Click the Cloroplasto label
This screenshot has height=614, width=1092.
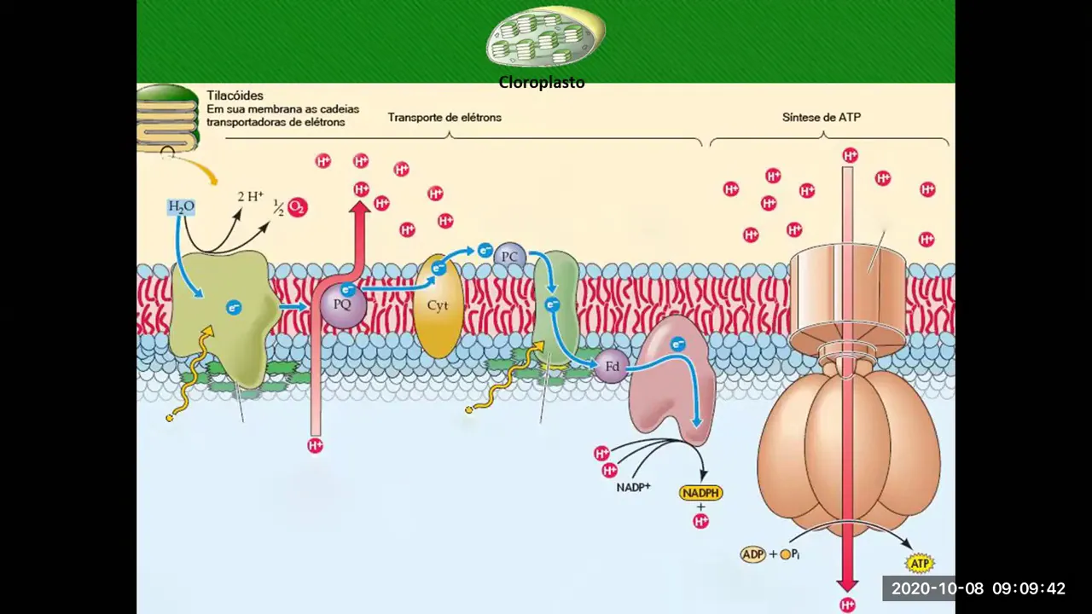coord(542,84)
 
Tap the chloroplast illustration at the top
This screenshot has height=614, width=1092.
coord(544,38)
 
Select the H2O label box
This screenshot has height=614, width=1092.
coord(181,206)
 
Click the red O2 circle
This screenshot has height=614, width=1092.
coord(297,207)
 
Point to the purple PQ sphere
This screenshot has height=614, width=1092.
coord(343,304)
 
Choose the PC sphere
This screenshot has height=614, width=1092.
coord(510,256)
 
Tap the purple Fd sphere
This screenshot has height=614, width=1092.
coord(612,367)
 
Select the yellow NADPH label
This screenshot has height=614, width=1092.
coord(701,493)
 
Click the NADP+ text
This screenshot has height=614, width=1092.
coord(633,487)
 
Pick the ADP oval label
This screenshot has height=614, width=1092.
coord(752,554)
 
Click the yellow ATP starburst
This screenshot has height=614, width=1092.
coord(919,564)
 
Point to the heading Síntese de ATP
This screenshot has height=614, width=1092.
coord(822,117)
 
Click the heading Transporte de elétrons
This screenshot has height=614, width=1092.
coord(444,117)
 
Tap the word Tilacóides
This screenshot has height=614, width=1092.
coord(235,96)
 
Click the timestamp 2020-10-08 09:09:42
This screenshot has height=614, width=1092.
coord(978,588)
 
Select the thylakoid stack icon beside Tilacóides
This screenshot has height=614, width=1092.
coord(168,119)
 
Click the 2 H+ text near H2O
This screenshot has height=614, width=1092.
coord(250,197)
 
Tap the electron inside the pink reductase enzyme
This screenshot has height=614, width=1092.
coord(678,345)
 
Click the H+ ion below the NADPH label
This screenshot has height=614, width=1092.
coord(701,521)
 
